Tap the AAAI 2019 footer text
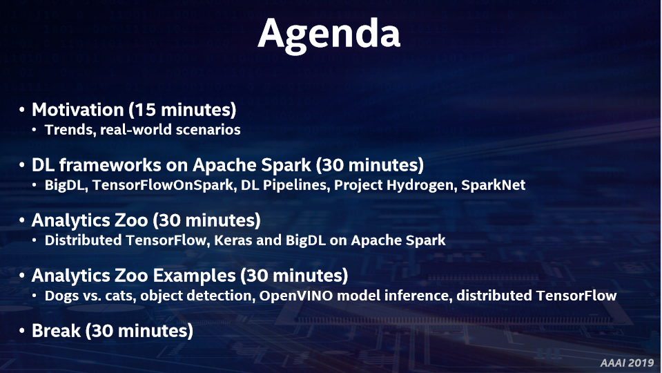[x=627, y=363]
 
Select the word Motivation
[x=78, y=110]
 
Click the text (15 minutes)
[x=182, y=110]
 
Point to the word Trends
[x=70, y=130]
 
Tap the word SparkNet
[x=493, y=185]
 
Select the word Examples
[x=194, y=276]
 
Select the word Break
[x=56, y=331]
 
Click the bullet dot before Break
[x=21, y=331]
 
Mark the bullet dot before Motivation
[x=21, y=111]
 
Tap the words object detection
[x=197, y=296]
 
